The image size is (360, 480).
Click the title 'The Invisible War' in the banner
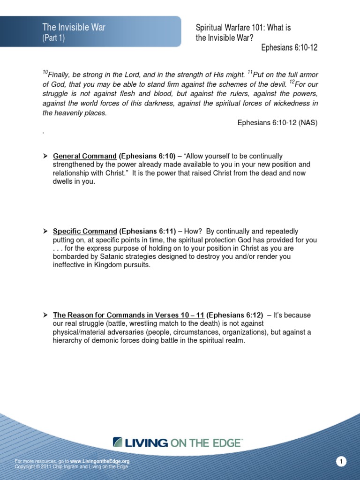pyautogui.click(x=74, y=28)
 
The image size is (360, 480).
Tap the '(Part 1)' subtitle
pyautogui.click(x=53, y=38)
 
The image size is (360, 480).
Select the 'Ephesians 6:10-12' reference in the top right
pyautogui.click(x=289, y=48)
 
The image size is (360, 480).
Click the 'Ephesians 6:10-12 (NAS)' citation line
pyautogui.click(x=277, y=123)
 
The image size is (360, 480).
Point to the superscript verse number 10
pyautogui.click(x=45, y=72)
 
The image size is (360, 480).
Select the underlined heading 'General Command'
pyautogui.click(x=85, y=156)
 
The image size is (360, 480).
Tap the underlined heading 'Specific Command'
pyautogui.click(x=85, y=232)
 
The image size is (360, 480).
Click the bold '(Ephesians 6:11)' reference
pyautogui.click(x=147, y=232)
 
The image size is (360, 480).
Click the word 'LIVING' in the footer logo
pyautogui.click(x=147, y=442)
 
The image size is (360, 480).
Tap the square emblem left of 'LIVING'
pyautogui.click(x=118, y=442)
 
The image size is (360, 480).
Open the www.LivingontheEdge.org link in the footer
pyautogui.click(x=100, y=461)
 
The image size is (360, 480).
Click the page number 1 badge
pyautogui.click(x=342, y=462)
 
